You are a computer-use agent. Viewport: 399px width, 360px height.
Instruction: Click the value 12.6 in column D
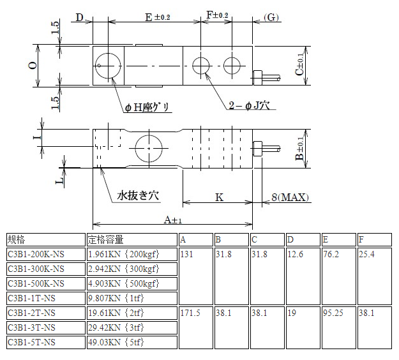(296, 254)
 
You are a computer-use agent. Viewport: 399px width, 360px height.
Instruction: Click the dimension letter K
(218, 197)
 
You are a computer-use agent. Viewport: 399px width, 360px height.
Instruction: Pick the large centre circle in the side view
(148, 148)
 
